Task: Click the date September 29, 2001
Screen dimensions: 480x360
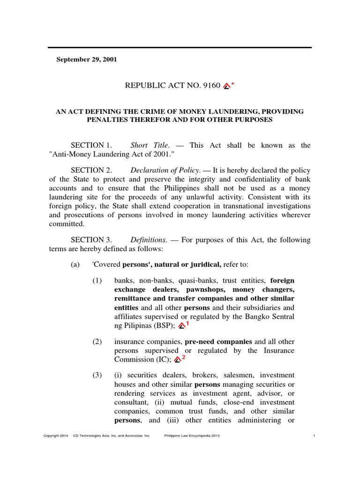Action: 87,60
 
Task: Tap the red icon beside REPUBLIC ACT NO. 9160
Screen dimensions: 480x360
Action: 227,86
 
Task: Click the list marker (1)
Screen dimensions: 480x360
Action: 97,280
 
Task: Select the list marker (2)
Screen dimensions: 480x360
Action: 97,341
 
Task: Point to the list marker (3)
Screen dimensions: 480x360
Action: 97,375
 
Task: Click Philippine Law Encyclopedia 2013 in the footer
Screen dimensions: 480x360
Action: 192,435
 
